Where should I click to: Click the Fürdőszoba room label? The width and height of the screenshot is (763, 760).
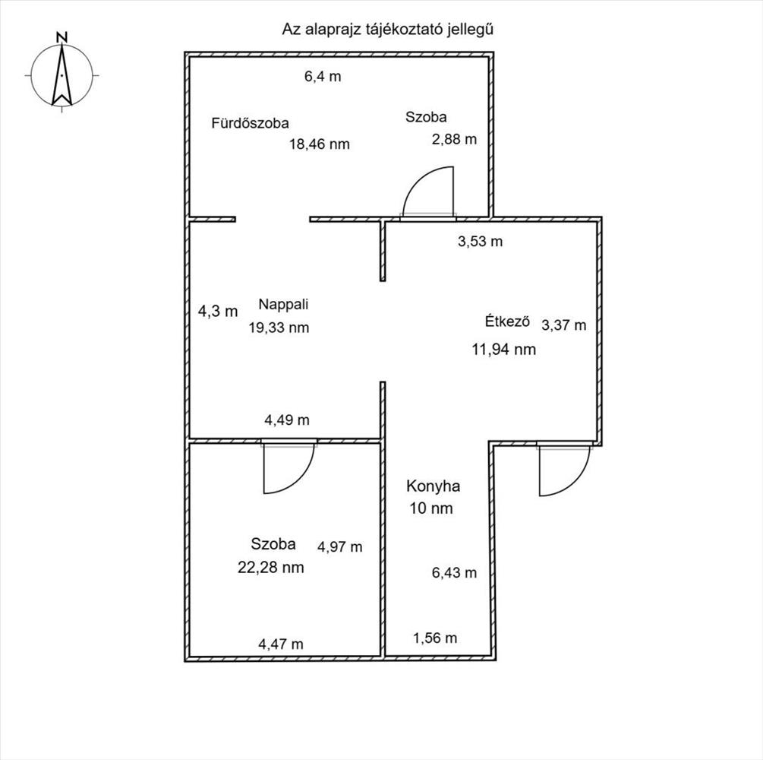pyautogui.click(x=250, y=123)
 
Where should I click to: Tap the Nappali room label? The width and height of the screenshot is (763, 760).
pyautogui.click(x=283, y=305)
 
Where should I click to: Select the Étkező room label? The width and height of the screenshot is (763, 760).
pyautogui.click(x=507, y=321)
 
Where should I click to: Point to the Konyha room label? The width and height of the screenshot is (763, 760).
pyautogui.click(x=433, y=486)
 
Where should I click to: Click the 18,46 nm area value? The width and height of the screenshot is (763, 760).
pyautogui.click(x=319, y=144)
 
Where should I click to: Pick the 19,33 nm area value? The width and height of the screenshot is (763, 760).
pyautogui.click(x=279, y=328)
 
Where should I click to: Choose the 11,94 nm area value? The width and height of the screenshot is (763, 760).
pyautogui.click(x=503, y=350)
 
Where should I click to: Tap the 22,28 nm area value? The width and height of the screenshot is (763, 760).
pyautogui.click(x=270, y=567)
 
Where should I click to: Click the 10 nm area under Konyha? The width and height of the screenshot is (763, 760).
pyautogui.click(x=431, y=508)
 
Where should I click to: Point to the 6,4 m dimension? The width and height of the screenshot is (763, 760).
pyautogui.click(x=323, y=77)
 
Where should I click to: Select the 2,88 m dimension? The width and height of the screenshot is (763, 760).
pyautogui.click(x=454, y=139)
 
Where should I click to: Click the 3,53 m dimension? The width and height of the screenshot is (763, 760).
pyautogui.click(x=481, y=241)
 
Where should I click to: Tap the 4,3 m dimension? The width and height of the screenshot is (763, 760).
pyautogui.click(x=218, y=311)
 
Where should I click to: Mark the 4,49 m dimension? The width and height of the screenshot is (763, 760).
pyautogui.click(x=287, y=420)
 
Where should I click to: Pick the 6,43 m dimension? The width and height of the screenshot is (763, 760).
pyautogui.click(x=454, y=572)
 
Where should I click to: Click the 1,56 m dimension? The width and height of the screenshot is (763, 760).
pyautogui.click(x=435, y=638)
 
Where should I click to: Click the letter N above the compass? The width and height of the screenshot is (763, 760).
pyautogui.click(x=61, y=37)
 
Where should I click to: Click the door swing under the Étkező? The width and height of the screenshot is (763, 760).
pyautogui.click(x=564, y=470)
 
